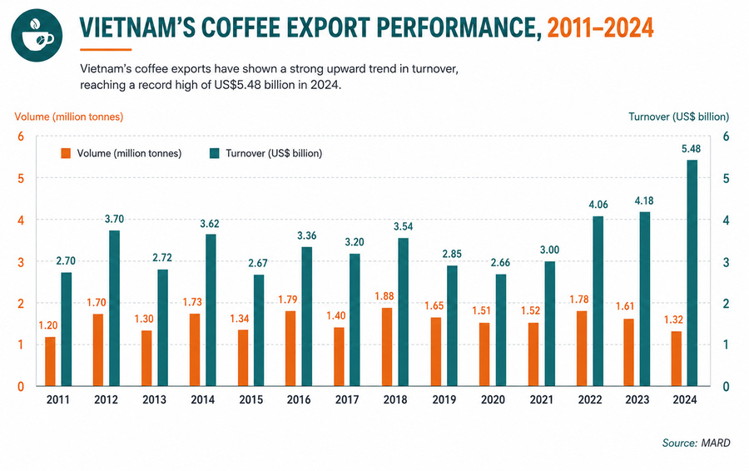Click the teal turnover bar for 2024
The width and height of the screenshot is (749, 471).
[x=692, y=273]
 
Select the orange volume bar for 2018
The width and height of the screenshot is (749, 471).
[x=387, y=347]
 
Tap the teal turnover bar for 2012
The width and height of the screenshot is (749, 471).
[x=114, y=308]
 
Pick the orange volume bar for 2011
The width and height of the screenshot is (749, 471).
[x=50, y=361]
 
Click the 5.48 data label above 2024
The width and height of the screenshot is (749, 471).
[x=691, y=149]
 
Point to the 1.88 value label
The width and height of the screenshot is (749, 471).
[x=384, y=296]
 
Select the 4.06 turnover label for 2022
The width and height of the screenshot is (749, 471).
[x=598, y=205]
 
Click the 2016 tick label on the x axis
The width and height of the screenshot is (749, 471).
[x=299, y=399]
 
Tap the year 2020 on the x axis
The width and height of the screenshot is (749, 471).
[x=493, y=399]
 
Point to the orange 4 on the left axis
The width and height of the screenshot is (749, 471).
[x=21, y=221]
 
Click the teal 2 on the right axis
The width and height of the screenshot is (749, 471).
[x=726, y=304]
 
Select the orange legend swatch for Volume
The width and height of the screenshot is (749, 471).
[x=66, y=153]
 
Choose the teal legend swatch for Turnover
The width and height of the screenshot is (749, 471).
[x=215, y=153]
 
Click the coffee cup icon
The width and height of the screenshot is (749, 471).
[x=37, y=34]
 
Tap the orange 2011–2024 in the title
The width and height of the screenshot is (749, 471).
[x=600, y=27]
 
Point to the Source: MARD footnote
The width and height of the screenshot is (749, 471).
[x=696, y=444]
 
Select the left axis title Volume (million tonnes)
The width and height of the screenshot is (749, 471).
[x=69, y=117]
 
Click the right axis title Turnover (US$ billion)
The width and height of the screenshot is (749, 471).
[x=679, y=117]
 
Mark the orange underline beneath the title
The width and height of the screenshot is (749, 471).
[x=106, y=49]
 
